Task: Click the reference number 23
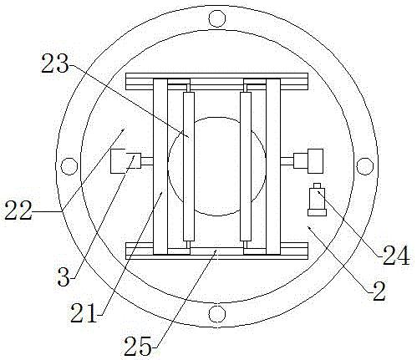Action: (54, 63)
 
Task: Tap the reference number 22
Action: (18, 210)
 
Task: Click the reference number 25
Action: (138, 346)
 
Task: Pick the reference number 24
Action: (396, 256)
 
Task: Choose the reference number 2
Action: (379, 292)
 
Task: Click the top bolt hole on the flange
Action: (217, 18)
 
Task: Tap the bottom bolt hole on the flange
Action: (216, 313)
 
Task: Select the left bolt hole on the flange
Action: (69, 166)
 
